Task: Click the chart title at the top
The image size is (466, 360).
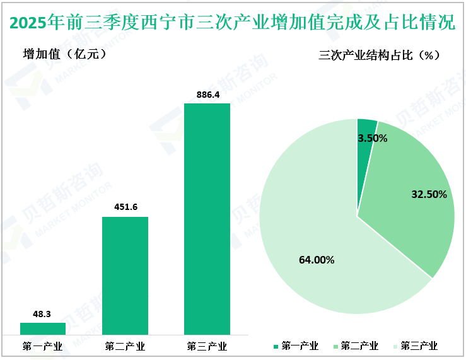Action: pyautogui.click(x=233, y=23)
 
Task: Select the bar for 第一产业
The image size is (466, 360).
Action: pyautogui.click(x=43, y=328)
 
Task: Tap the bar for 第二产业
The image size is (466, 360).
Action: pyautogui.click(x=125, y=276)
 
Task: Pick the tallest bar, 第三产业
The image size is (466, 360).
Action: pyautogui.click(x=207, y=219)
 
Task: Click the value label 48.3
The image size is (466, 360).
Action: pyautogui.click(x=43, y=313)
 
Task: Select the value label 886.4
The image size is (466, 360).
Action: pyautogui.click(x=207, y=94)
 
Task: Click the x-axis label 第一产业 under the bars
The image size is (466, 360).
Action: pyautogui.click(x=42, y=346)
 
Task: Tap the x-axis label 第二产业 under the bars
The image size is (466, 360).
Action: pyautogui.click(x=125, y=346)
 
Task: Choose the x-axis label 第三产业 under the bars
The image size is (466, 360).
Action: pyautogui.click(x=207, y=346)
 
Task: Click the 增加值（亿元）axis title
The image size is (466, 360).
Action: pyautogui.click(x=64, y=54)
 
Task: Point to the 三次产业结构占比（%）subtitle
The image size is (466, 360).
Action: pyautogui.click(x=379, y=55)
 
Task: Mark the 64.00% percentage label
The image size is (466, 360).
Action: pyautogui.click(x=317, y=259)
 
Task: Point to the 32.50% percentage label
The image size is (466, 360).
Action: pyautogui.click(x=429, y=195)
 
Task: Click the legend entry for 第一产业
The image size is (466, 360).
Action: pyautogui.click(x=296, y=346)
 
